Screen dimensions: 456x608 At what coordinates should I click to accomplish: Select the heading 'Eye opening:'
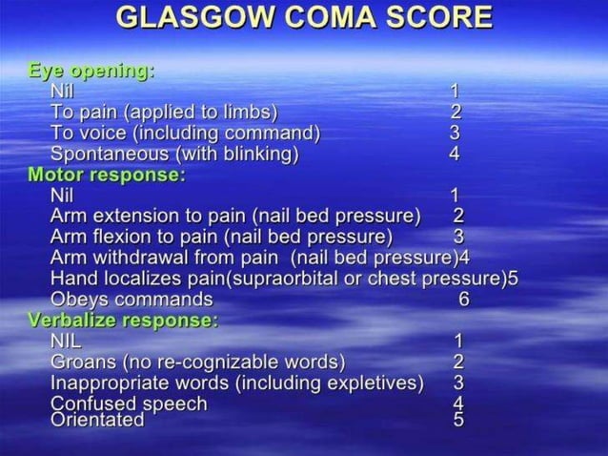pos(91,71)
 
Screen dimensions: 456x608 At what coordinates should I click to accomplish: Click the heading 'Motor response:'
pos(107,175)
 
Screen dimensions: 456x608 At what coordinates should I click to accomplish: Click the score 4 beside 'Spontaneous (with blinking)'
pos(455,154)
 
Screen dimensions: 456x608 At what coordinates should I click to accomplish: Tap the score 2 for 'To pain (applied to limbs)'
pos(456,112)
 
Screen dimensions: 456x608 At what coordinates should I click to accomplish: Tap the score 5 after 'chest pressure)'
pos(513,279)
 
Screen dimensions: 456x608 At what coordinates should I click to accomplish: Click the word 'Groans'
pos(83,362)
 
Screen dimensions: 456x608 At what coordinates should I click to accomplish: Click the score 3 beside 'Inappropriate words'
pos(458,383)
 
